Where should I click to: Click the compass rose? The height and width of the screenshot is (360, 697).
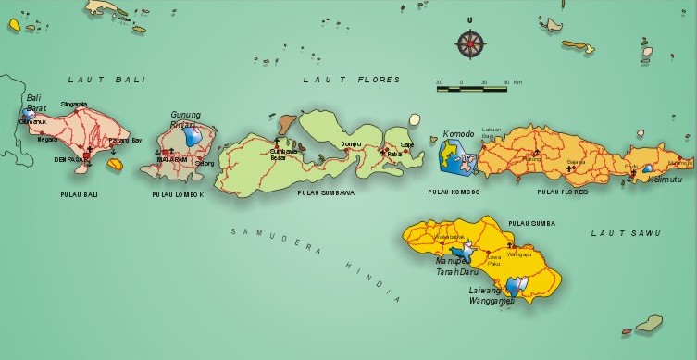(470, 42)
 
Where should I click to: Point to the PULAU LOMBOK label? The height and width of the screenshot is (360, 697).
(173, 195)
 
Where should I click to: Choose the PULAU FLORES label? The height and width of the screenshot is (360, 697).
(563, 192)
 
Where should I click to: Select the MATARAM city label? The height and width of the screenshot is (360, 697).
(173, 159)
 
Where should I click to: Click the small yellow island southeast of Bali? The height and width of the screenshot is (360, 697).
(116, 165)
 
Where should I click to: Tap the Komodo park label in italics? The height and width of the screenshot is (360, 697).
(458, 134)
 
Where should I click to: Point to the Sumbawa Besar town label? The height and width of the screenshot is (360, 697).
(276, 155)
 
